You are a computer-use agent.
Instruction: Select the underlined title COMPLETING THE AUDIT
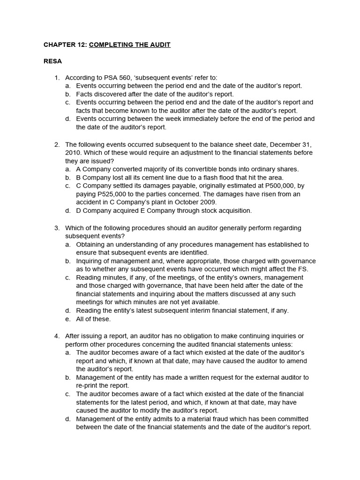(130, 45)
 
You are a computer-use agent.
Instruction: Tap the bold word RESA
(52, 61)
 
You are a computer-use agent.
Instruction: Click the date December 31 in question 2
(288, 144)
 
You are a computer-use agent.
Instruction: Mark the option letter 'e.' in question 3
(68, 319)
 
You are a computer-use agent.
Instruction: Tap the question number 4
(56, 336)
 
